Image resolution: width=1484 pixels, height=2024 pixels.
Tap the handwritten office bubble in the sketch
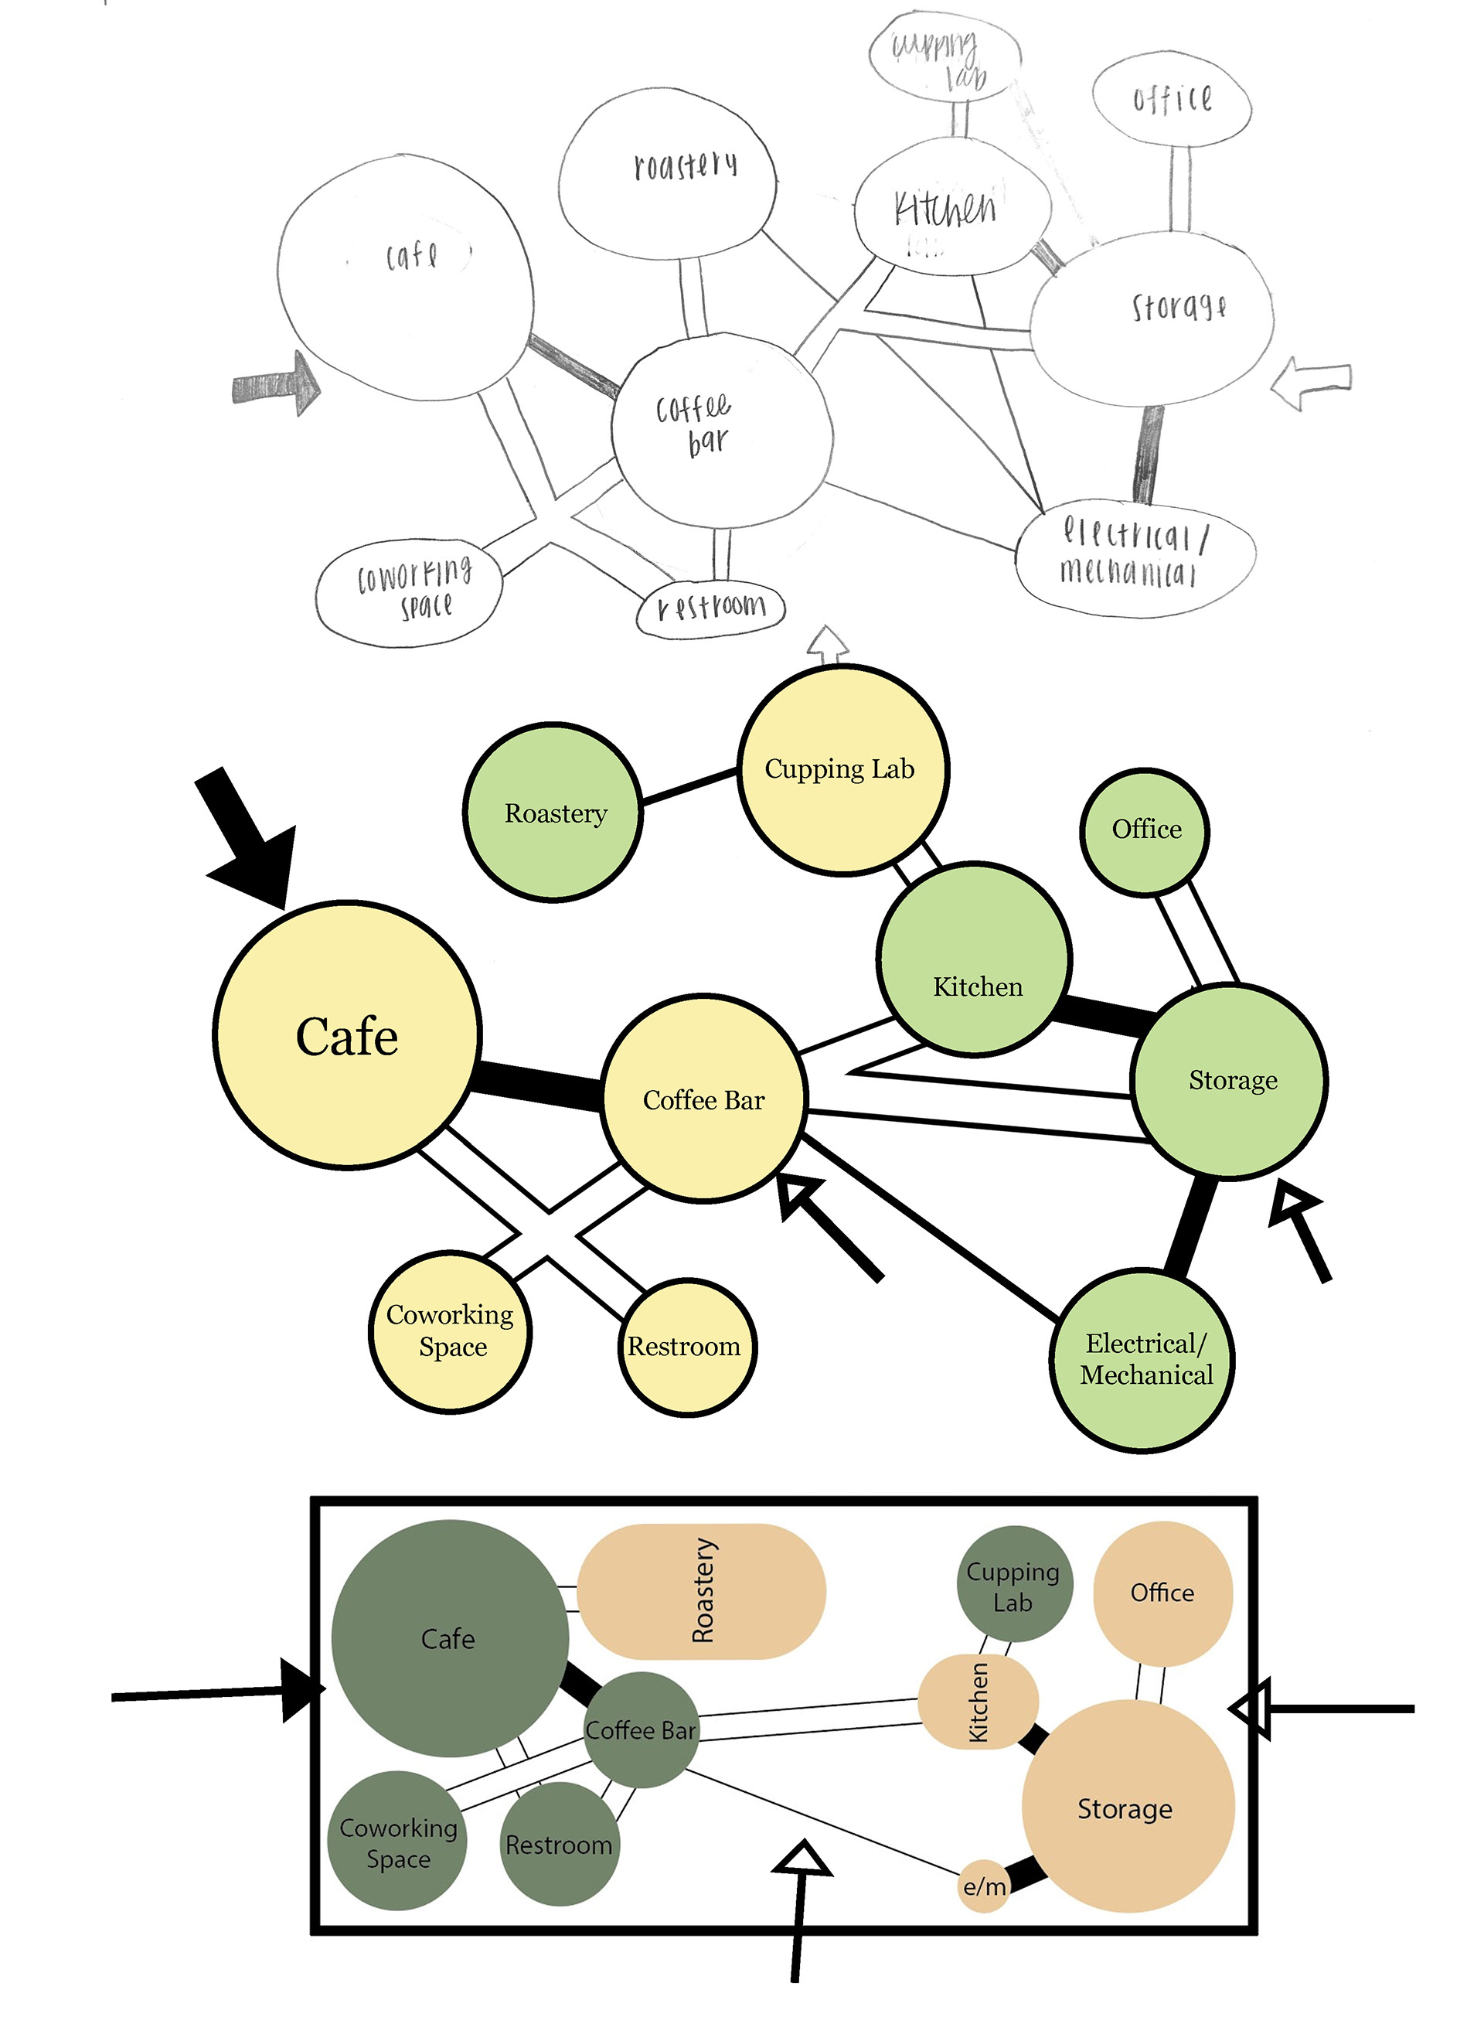click(1170, 99)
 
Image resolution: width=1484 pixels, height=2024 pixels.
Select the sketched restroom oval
click(710, 609)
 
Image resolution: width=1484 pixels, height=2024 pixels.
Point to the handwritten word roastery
click(686, 165)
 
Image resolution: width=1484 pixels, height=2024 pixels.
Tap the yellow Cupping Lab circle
click(842, 770)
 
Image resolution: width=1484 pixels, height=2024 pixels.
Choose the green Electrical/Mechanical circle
click(1142, 1359)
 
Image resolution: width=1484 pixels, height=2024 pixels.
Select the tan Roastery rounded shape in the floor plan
click(701, 1591)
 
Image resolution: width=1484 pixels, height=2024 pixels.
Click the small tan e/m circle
click(985, 1886)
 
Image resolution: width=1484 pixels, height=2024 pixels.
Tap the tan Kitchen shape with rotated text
click(978, 1702)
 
